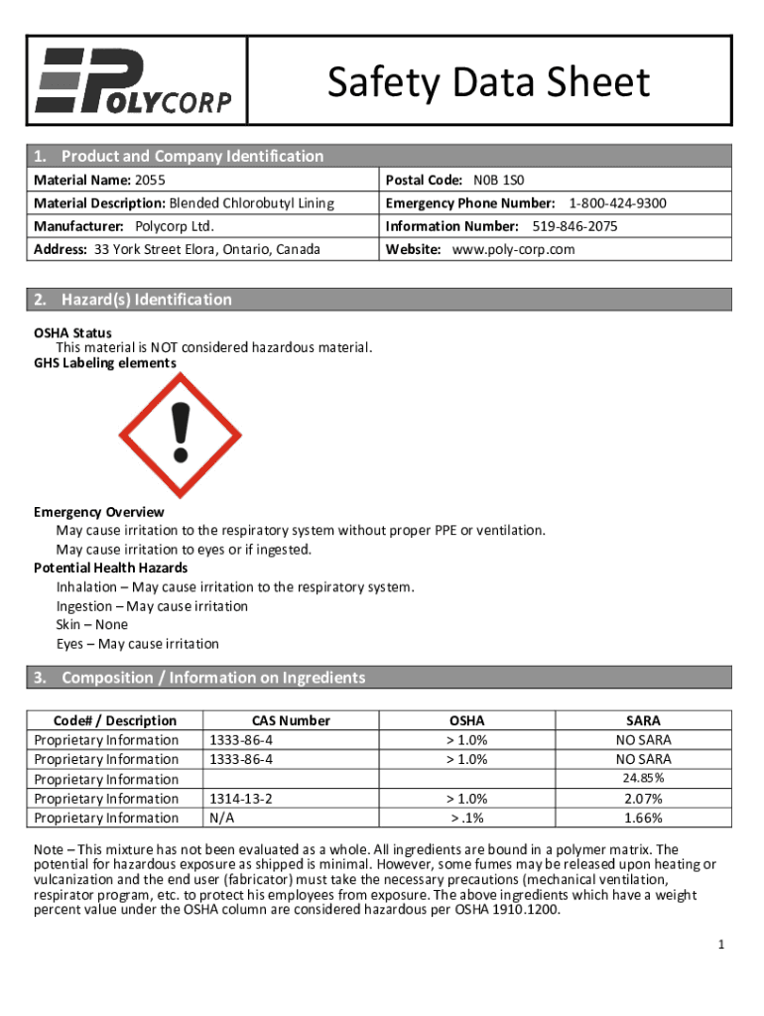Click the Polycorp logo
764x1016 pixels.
point(134,80)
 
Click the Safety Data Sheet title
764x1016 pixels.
point(489,83)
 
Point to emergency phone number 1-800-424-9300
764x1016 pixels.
point(617,203)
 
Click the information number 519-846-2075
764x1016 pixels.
point(574,226)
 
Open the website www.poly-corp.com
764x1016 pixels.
point(513,249)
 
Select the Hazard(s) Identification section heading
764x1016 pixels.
point(147,300)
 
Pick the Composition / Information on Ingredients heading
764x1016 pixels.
point(213,678)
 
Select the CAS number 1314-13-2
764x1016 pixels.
point(240,799)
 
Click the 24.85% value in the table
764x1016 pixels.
point(643,778)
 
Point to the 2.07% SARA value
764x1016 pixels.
point(643,799)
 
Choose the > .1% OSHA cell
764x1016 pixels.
point(467,818)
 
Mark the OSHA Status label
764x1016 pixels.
point(72,333)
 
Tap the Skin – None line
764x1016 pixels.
point(91,625)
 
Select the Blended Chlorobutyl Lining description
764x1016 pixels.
point(251,203)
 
